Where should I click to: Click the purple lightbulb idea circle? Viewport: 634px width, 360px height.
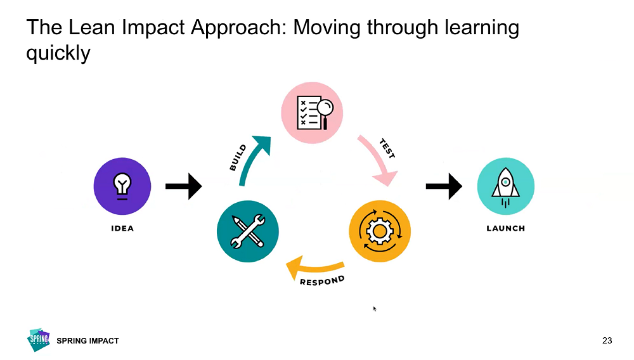click(122, 186)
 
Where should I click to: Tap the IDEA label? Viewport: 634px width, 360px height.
click(122, 228)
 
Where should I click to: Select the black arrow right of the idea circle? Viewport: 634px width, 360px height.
click(183, 186)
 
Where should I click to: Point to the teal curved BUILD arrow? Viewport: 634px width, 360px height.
click(251, 159)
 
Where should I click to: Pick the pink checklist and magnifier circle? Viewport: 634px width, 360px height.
click(312, 113)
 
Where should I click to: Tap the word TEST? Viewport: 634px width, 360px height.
click(387, 150)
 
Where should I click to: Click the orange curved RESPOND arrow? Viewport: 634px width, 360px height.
click(314, 266)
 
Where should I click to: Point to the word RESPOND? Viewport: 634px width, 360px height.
click(322, 281)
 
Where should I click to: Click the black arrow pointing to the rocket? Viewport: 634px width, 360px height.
click(444, 186)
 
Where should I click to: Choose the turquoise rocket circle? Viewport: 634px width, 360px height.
click(505, 186)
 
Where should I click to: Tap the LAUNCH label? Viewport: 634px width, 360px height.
click(505, 228)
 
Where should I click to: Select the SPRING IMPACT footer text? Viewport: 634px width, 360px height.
click(87, 341)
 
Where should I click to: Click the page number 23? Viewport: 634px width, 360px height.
click(607, 341)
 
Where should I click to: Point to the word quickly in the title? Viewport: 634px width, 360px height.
click(58, 53)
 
